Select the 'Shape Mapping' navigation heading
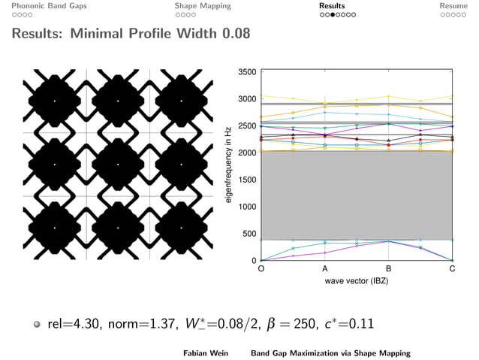(203, 6)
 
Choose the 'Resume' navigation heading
(453, 6)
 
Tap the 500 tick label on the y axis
(249, 234)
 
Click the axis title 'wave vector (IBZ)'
(357, 280)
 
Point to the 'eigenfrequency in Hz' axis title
(228, 166)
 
